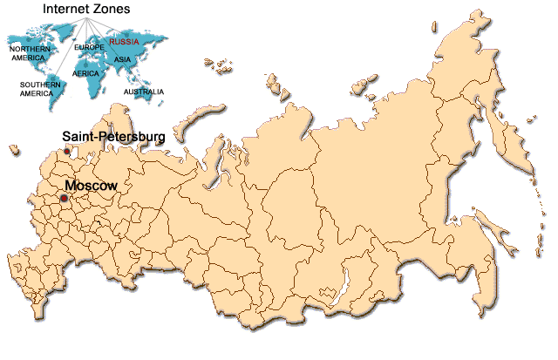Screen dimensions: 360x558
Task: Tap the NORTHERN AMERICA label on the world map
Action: tap(27, 53)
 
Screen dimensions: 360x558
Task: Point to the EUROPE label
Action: tap(90, 46)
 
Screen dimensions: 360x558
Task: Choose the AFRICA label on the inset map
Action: tap(86, 74)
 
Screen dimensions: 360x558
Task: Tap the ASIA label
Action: tap(122, 59)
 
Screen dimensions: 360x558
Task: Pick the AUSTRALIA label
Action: tap(143, 92)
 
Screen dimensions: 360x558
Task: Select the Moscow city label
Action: tap(92, 186)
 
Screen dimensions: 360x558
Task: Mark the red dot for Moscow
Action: tap(64, 199)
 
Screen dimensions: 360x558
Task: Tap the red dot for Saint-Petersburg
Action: tap(68, 152)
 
